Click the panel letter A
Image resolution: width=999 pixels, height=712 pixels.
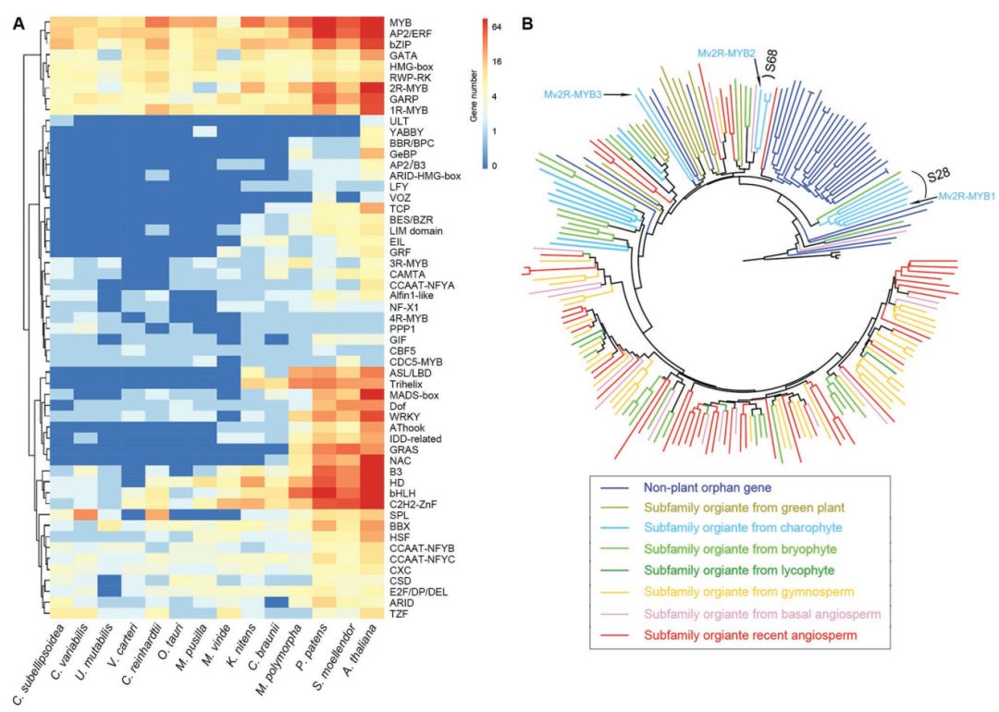[x=19, y=24]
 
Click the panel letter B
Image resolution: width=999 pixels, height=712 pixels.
[x=528, y=24]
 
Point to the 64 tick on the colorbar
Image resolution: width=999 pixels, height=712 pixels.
[x=498, y=28]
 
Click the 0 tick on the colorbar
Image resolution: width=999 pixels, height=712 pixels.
[x=494, y=166]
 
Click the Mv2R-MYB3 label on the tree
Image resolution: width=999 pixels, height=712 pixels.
[x=573, y=94]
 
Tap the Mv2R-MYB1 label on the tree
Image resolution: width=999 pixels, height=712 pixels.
[x=966, y=197]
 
